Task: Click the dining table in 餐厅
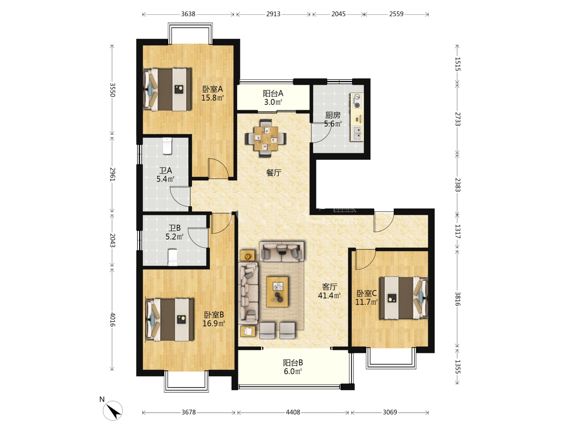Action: (x=266, y=138)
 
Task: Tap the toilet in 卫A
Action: (x=167, y=146)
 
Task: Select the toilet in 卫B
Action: (x=173, y=257)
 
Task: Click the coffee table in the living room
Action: (x=277, y=292)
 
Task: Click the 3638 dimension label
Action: (x=188, y=14)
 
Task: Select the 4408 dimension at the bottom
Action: (x=293, y=412)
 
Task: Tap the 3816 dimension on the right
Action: (x=458, y=299)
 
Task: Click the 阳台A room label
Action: (x=273, y=93)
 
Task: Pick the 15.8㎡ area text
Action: (x=213, y=98)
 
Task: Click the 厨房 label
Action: (x=333, y=115)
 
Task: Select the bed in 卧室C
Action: (x=404, y=298)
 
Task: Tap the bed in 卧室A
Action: (x=167, y=89)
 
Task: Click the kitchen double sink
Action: (x=357, y=133)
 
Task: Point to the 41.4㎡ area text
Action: (x=329, y=296)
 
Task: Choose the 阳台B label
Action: (x=293, y=363)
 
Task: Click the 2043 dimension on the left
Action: (x=112, y=240)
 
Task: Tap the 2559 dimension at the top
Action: (x=396, y=14)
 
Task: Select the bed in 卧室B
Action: (x=170, y=320)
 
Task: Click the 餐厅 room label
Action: (x=274, y=172)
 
